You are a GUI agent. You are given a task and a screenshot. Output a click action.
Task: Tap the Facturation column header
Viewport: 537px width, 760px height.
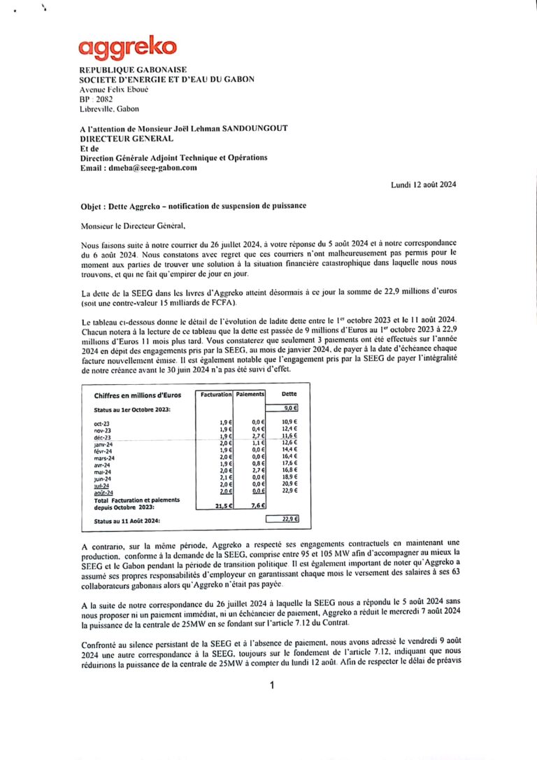pos(215,395)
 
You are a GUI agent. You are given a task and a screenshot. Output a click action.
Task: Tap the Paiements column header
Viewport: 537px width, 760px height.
pos(250,395)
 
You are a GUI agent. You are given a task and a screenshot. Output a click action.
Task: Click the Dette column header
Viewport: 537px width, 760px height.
pos(289,395)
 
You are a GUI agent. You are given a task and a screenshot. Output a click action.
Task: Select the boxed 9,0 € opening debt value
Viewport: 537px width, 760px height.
pos(290,408)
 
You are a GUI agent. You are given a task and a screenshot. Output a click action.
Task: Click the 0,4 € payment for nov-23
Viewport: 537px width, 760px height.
pos(257,429)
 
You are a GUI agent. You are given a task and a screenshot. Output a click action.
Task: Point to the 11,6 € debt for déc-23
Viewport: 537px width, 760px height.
pos(289,436)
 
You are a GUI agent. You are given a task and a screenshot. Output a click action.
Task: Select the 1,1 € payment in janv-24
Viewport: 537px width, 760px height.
pos(257,443)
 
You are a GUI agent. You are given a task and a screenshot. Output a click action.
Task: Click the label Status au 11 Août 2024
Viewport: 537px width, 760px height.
pos(127,521)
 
